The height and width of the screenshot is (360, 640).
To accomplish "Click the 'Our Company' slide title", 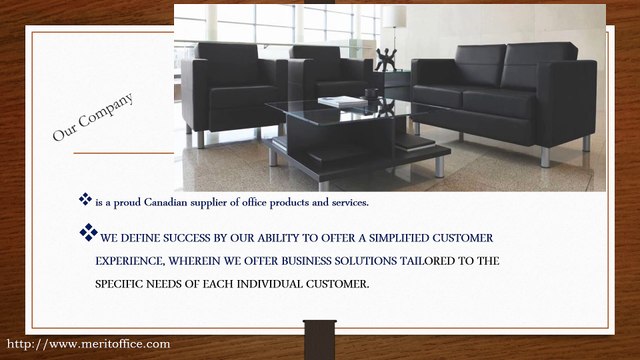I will (93, 119).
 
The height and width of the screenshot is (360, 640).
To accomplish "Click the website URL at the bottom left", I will (88, 344).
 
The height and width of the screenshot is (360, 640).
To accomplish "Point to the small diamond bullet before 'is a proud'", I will (86, 201).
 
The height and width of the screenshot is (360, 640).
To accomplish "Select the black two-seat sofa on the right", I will (505, 95).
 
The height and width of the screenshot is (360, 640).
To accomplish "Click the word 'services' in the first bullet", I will (345, 203).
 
